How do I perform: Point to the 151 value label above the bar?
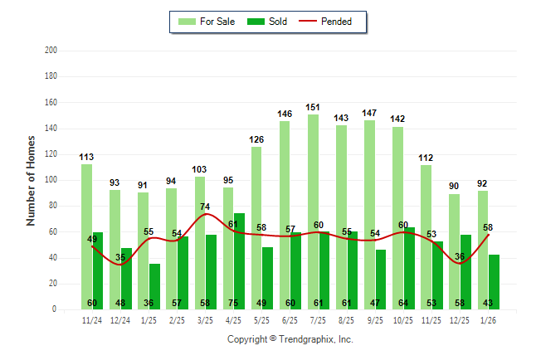[x=313, y=108]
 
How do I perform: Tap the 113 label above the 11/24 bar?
[x=86, y=157]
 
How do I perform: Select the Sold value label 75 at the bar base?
[x=240, y=303]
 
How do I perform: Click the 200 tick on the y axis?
[x=51, y=51]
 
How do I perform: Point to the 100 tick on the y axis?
[x=51, y=180]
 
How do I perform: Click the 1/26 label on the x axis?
[x=489, y=320]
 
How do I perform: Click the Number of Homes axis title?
[x=31, y=180]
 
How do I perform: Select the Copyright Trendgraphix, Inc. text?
[x=290, y=339]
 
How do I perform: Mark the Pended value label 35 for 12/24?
[x=120, y=258]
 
